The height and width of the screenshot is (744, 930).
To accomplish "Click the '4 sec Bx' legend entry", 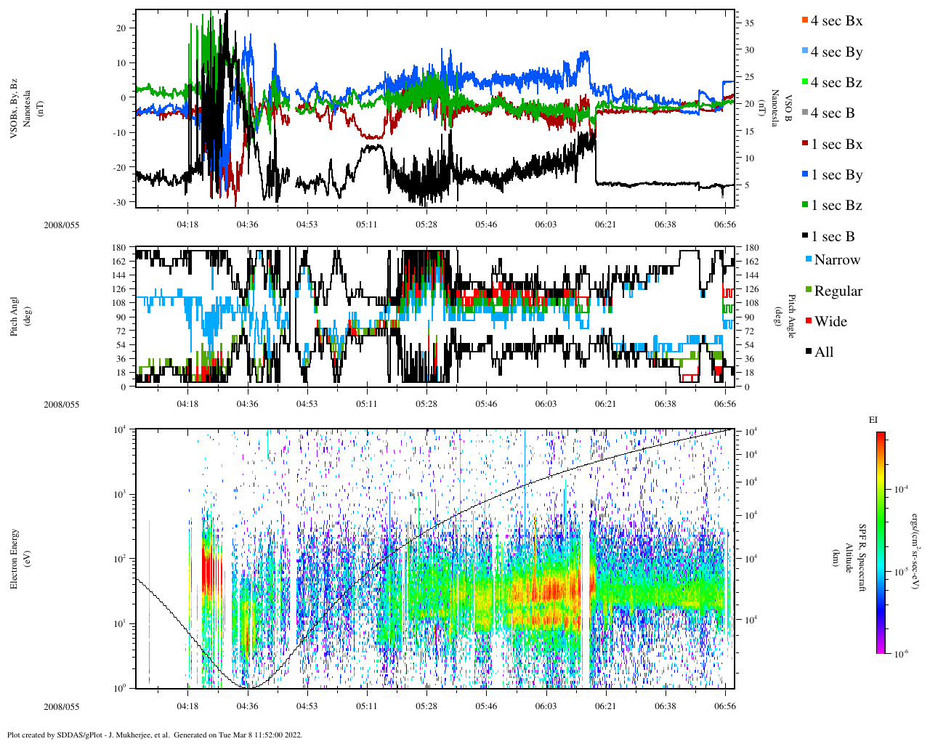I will coord(836,21).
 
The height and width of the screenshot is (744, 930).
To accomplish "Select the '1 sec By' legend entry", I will coord(836,175).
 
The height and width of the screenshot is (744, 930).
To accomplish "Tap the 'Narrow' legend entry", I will coord(836,260).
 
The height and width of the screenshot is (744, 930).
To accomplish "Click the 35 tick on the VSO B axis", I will coord(749,23).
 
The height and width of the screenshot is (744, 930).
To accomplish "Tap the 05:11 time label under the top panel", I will coord(366,225).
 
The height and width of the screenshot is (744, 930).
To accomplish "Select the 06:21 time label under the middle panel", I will coord(605,404).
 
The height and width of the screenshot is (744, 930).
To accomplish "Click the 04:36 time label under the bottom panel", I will coord(247,706).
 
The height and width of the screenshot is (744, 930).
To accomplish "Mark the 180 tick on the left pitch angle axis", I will coord(119,248).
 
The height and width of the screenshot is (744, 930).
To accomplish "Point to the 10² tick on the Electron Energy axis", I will coord(119,559).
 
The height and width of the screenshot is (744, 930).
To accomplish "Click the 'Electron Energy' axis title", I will coord(15,559).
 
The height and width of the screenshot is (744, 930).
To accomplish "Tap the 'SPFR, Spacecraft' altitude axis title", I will coord(863,558).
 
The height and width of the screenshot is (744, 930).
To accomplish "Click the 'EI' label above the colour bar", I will coord(873,420).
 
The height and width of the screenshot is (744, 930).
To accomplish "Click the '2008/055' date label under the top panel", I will coord(61,225).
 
